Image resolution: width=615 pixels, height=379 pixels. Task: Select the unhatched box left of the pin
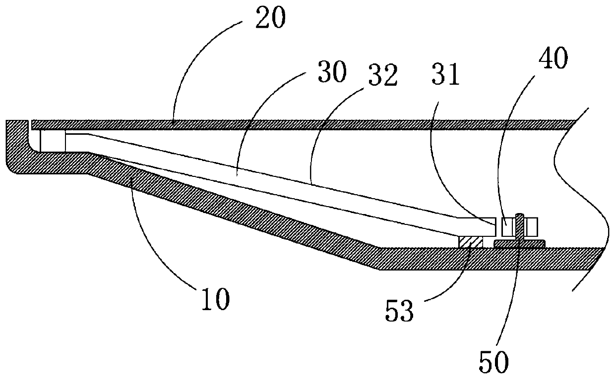tap(507, 227)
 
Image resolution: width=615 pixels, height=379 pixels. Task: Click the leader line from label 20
tap(208, 64)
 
